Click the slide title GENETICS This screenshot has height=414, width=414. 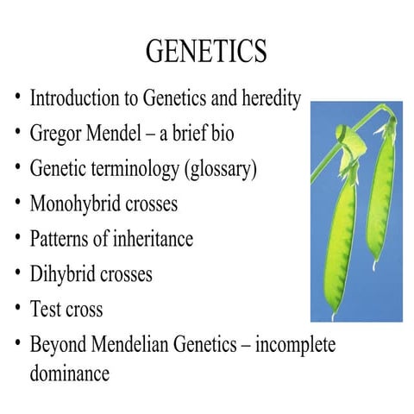pos(206,52)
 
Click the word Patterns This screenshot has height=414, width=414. pos(58,239)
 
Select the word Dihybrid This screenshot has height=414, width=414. pos(64,274)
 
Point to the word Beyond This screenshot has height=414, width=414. pos(59,344)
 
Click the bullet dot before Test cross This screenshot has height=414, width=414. pos(17,308)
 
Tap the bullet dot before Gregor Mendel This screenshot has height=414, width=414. pos(17,133)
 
